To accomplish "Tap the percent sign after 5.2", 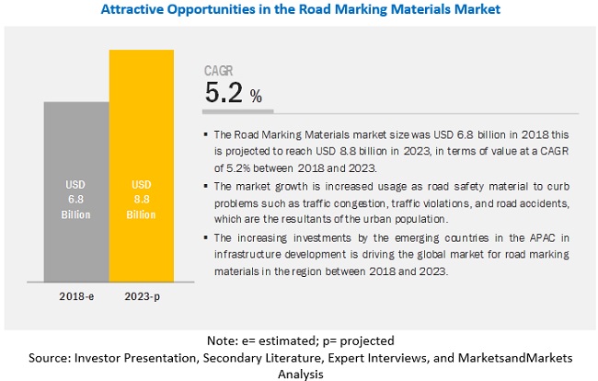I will coord(256,96).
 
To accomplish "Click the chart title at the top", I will coord(299,10).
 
